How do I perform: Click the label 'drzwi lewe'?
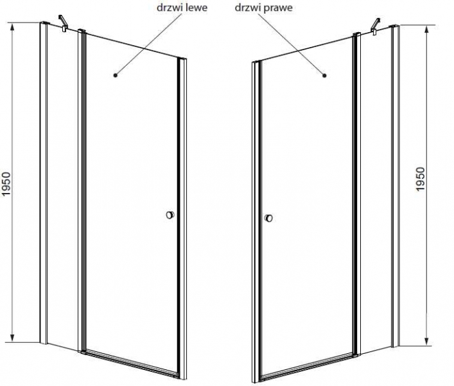182,8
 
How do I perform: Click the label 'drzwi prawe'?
263,8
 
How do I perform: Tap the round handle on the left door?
170,215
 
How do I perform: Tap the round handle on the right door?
268,218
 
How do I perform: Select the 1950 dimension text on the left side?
6,183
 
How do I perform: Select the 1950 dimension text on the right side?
420,179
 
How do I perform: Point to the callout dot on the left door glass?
116,75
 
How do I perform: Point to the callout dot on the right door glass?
324,76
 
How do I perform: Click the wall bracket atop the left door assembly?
64,23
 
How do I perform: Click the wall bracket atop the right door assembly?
376,26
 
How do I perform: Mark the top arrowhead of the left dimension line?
12,27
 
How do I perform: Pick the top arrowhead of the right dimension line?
426,30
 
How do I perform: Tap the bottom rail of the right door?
308,365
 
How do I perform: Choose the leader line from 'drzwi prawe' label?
291,44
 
